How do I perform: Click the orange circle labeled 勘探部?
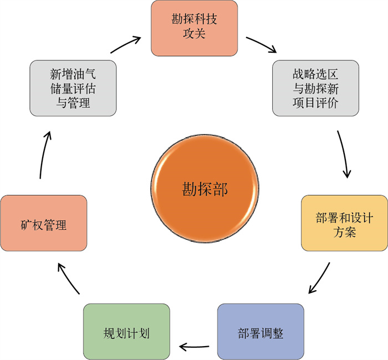(x=205, y=189)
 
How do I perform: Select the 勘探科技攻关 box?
(x=194, y=28)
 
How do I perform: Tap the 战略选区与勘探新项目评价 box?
(x=315, y=88)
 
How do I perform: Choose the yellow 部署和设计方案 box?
(x=344, y=222)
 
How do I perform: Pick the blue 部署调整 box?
(x=260, y=331)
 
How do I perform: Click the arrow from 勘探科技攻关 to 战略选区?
(x=261, y=44)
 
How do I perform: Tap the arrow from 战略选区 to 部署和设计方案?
(x=344, y=154)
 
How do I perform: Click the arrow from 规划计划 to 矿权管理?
(x=70, y=278)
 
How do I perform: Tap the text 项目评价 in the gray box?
(x=315, y=102)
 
